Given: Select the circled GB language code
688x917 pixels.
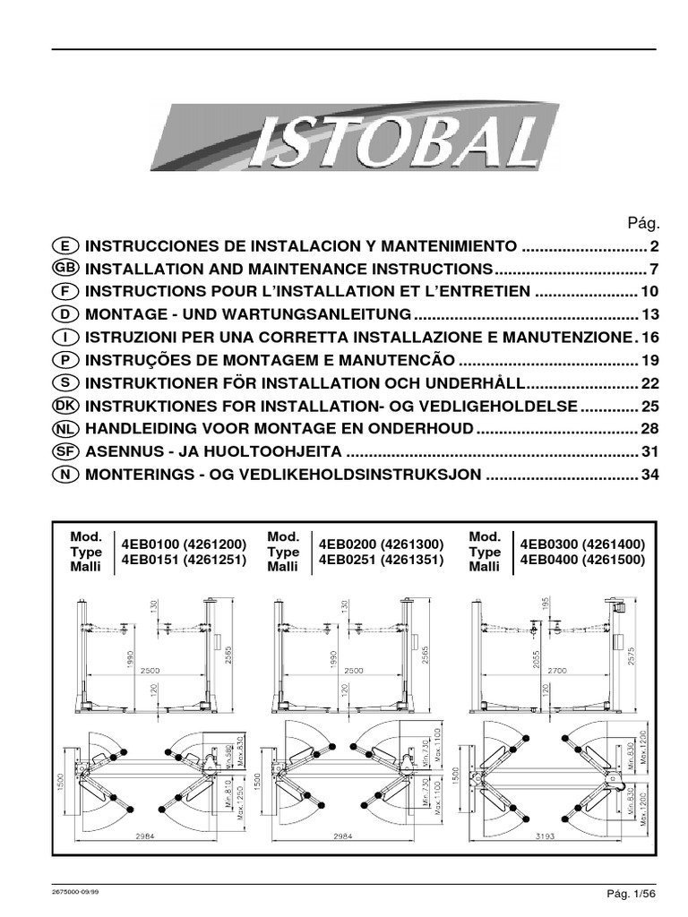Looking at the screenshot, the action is tap(67, 269).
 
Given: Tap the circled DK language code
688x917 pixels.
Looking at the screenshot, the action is tap(67, 406).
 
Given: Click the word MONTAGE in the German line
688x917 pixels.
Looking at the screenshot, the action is tap(124, 314).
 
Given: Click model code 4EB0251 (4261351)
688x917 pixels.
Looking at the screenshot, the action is tap(378, 559).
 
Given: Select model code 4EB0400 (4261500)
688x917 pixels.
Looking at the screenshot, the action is tap(581, 559).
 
